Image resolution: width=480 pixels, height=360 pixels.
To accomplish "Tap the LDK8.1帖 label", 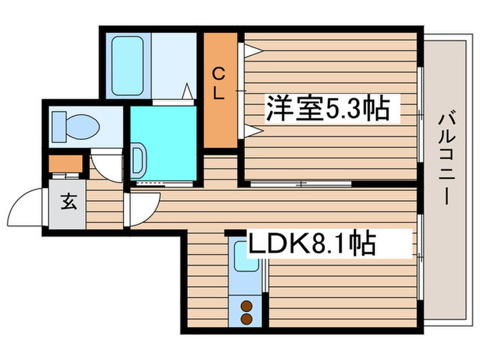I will pyautogui.click(x=312, y=243).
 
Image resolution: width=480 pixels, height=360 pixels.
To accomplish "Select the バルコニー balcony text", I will pyautogui.click(x=444, y=158).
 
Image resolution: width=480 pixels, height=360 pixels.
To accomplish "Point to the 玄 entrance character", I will pyautogui.click(x=68, y=202).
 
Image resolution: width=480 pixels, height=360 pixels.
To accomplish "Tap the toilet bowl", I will pyautogui.click(x=77, y=126).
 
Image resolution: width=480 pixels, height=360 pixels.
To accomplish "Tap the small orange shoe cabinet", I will pyautogui.click(x=65, y=165).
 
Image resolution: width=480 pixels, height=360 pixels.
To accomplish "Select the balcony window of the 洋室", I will pyautogui.click(x=419, y=113).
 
